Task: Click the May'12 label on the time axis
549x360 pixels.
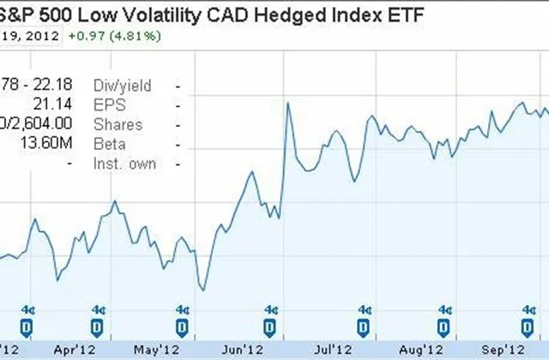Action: pos(157,350)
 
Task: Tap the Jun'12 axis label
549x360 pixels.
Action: pos(243,350)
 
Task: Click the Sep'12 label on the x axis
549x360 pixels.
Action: pos(502,350)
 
